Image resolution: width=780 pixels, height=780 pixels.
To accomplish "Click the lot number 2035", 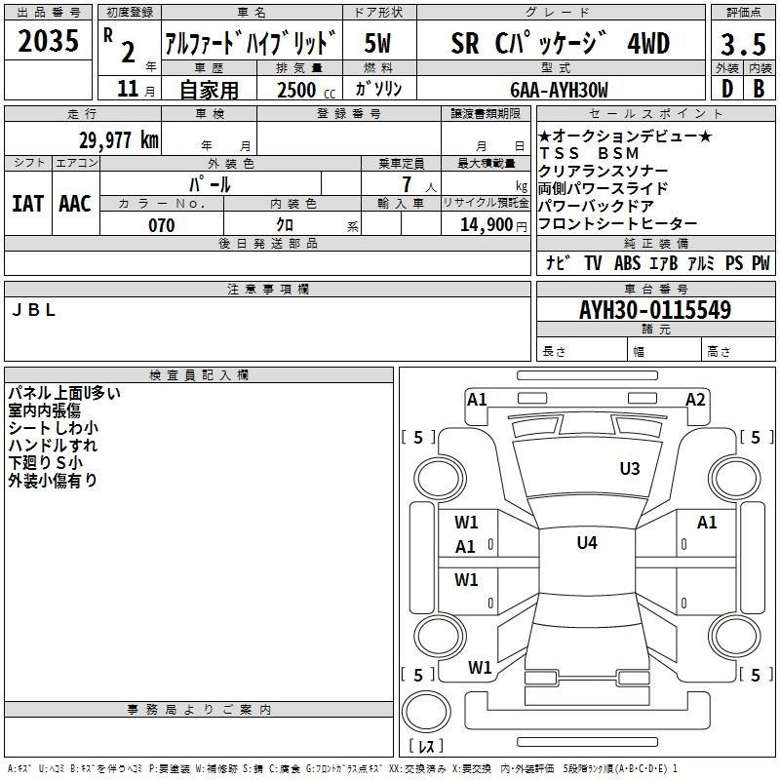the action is coord(48,40).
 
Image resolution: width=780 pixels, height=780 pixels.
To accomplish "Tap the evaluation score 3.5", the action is coord(743,44).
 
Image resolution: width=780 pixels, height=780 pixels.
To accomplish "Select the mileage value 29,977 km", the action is coord(118,140).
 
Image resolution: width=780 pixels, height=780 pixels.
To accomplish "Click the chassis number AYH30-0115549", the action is coord(655,310).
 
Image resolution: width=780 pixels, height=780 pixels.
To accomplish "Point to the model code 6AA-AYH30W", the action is coord(559,90).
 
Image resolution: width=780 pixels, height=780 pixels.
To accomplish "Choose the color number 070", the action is coord(162,225).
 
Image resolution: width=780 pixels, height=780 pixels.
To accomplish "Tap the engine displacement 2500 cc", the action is coord(306,90).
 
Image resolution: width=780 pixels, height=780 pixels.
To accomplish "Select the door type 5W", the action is coord(377,43).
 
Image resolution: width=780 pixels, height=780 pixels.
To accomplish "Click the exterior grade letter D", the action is coord(727,89).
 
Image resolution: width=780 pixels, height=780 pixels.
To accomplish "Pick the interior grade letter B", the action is coord(759,89).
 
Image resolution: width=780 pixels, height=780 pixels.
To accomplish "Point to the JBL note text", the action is coord(33,310).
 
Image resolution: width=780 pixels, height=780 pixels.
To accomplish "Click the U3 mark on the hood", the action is coord(630,468).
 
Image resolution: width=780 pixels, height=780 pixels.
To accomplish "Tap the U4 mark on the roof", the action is coord(587,542).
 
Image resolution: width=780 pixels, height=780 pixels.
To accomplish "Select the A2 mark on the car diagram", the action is coord(695,400).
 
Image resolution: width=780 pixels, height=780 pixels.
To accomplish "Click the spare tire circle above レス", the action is coord(426,712).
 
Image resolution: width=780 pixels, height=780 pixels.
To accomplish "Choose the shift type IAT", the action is coord(28,204).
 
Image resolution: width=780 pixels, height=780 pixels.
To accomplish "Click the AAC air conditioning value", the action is coord(75,204).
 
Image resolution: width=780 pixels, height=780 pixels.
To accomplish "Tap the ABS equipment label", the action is coord(627,263).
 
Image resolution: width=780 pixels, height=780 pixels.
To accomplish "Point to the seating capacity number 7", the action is coord(407,184).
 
